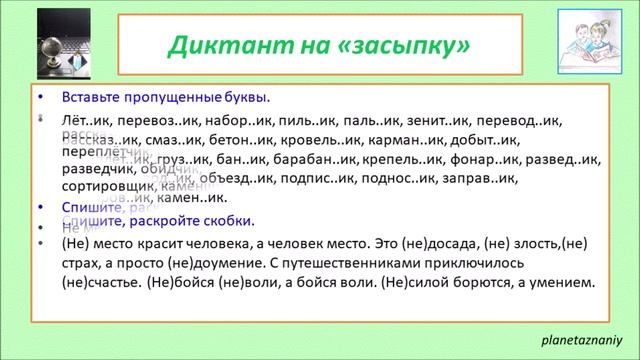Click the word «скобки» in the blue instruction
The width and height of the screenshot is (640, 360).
click(x=232, y=220)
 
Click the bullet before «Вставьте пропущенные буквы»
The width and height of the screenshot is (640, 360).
click(x=40, y=98)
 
